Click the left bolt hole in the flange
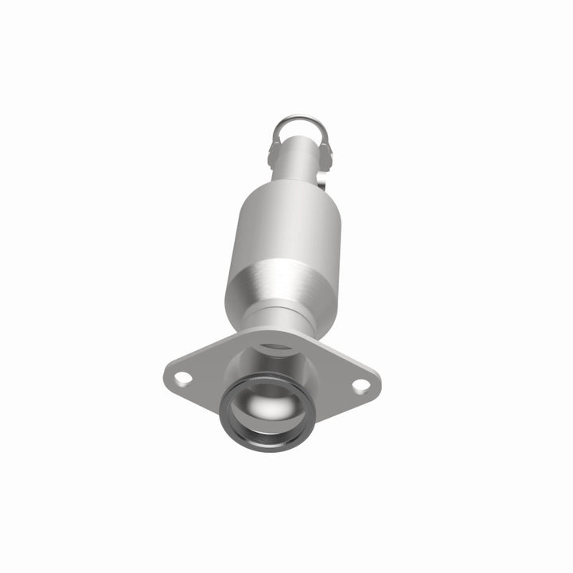[x=182, y=378]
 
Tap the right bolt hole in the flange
[x=361, y=386]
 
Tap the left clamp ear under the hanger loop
[x=275, y=146]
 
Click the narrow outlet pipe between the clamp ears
[x=299, y=155]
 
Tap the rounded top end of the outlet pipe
[x=300, y=138]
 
